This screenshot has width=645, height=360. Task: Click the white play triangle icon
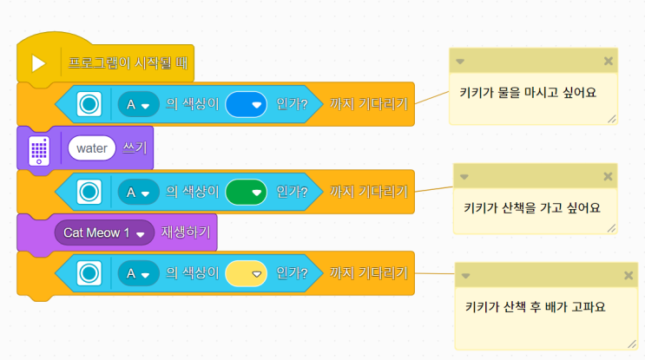pyautogui.click(x=38, y=64)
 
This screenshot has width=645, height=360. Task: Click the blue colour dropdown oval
pyautogui.click(x=245, y=104)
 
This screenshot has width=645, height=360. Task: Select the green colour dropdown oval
pyautogui.click(x=245, y=190)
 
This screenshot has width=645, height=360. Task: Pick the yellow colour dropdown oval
pyautogui.click(x=245, y=274)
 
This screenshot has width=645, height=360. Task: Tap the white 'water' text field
pyautogui.click(x=91, y=148)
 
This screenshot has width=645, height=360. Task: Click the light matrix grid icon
pyautogui.click(x=38, y=149)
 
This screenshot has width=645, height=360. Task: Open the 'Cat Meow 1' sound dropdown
pyautogui.click(x=103, y=233)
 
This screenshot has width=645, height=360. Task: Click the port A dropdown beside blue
pyautogui.click(x=137, y=104)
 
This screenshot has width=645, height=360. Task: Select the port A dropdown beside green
pyautogui.click(x=137, y=190)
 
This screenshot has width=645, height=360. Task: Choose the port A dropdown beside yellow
pyautogui.click(x=137, y=274)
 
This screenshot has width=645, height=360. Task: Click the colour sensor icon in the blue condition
pyautogui.click(x=88, y=104)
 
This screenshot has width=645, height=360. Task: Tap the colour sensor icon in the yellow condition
pyautogui.click(x=88, y=274)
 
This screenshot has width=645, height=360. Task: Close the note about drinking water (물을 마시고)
pyautogui.click(x=608, y=61)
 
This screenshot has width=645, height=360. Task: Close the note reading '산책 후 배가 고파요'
pyautogui.click(x=629, y=276)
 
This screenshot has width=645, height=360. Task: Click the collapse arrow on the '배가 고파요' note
pyautogui.click(x=465, y=276)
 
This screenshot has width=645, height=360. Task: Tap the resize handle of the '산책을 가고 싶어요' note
pyautogui.click(x=611, y=228)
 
